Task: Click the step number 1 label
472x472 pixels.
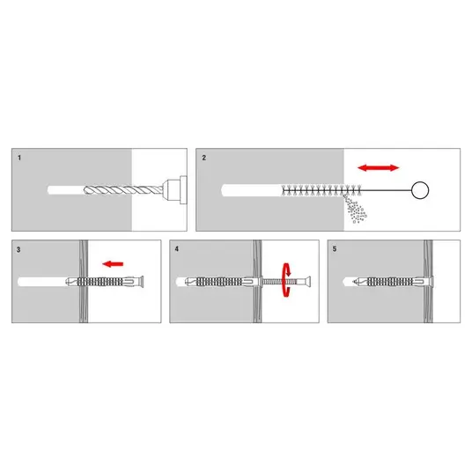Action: pos(19,158)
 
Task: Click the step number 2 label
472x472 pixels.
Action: pos(204,158)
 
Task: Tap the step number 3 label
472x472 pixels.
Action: pos(18,249)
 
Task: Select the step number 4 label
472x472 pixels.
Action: pos(177,249)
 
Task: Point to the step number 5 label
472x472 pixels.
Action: pos(335,249)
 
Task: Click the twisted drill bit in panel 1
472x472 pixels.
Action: pos(123,190)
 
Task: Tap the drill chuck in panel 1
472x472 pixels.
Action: pos(175,190)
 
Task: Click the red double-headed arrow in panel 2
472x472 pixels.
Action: pos(379,167)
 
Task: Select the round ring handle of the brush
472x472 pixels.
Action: pos(420,190)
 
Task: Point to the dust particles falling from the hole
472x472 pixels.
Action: pos(355,210)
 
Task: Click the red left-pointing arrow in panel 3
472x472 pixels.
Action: pos(113,264)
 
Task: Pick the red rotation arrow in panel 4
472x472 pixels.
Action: pos(286,280)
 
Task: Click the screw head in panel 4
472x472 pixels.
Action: pos(306,282)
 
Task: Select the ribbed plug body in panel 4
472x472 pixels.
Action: pos(219,282)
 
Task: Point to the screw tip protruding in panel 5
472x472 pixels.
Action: pos(355,282)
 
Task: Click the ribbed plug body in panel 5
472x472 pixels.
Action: pos(390,282)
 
